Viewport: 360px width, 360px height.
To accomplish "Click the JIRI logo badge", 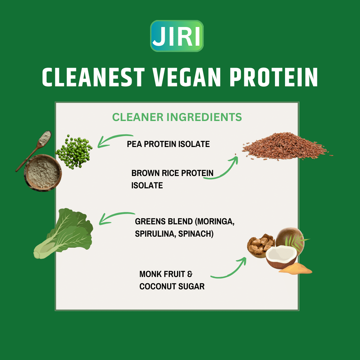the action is [x=177, y=36].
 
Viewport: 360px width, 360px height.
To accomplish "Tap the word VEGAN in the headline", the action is [x=187, y=77].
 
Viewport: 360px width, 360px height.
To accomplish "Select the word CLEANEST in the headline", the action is [x=93, y=77].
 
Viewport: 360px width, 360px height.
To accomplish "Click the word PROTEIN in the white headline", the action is [x=274, y=77].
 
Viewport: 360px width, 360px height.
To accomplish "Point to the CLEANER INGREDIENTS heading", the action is [x=177, y=117].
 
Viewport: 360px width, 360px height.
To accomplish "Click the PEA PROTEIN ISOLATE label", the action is [x=168, y=144].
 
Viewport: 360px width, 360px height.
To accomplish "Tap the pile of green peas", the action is [x=74, y=152].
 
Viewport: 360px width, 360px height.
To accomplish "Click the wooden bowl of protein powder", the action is [x=43, y=173].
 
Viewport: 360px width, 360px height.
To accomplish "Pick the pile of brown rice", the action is [x=286, y=146].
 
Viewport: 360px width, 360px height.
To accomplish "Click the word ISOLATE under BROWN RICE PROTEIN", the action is [x=147, y=186].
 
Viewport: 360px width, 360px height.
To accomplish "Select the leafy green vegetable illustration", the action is [x=63, y=233].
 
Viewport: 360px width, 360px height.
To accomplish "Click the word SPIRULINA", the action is [x=155, y=234].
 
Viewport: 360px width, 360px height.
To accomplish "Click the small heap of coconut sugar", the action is [x=296, y=269].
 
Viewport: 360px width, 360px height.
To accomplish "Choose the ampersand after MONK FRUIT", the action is [x=190, y=274].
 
